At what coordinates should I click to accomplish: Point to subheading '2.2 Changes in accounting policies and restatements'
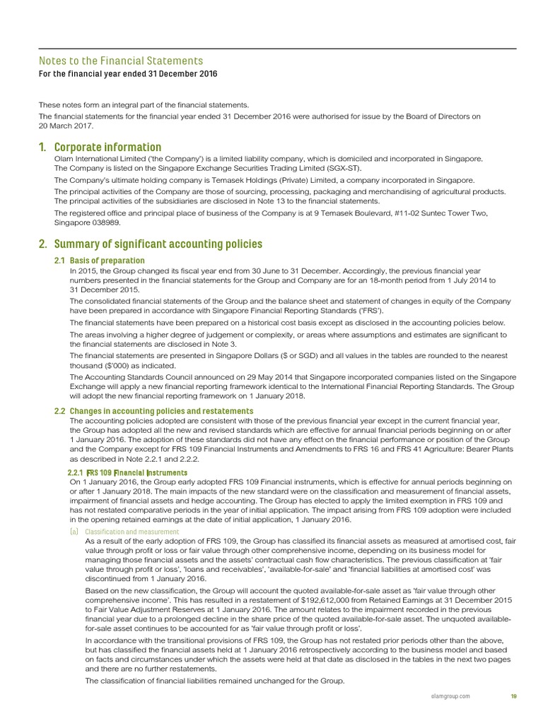153,411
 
